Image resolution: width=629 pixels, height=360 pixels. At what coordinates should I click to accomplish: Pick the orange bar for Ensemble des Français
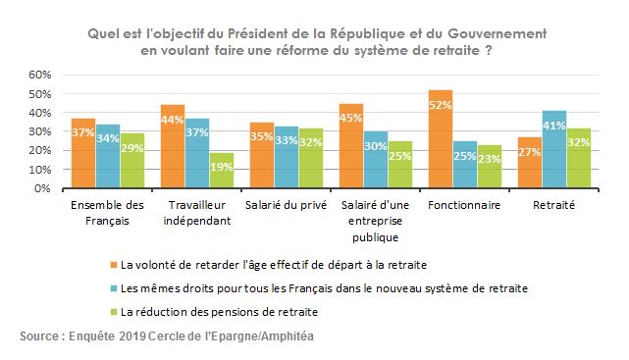click(83, 153)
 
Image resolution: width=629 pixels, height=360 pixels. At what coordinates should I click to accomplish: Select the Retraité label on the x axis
click(556, 207)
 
